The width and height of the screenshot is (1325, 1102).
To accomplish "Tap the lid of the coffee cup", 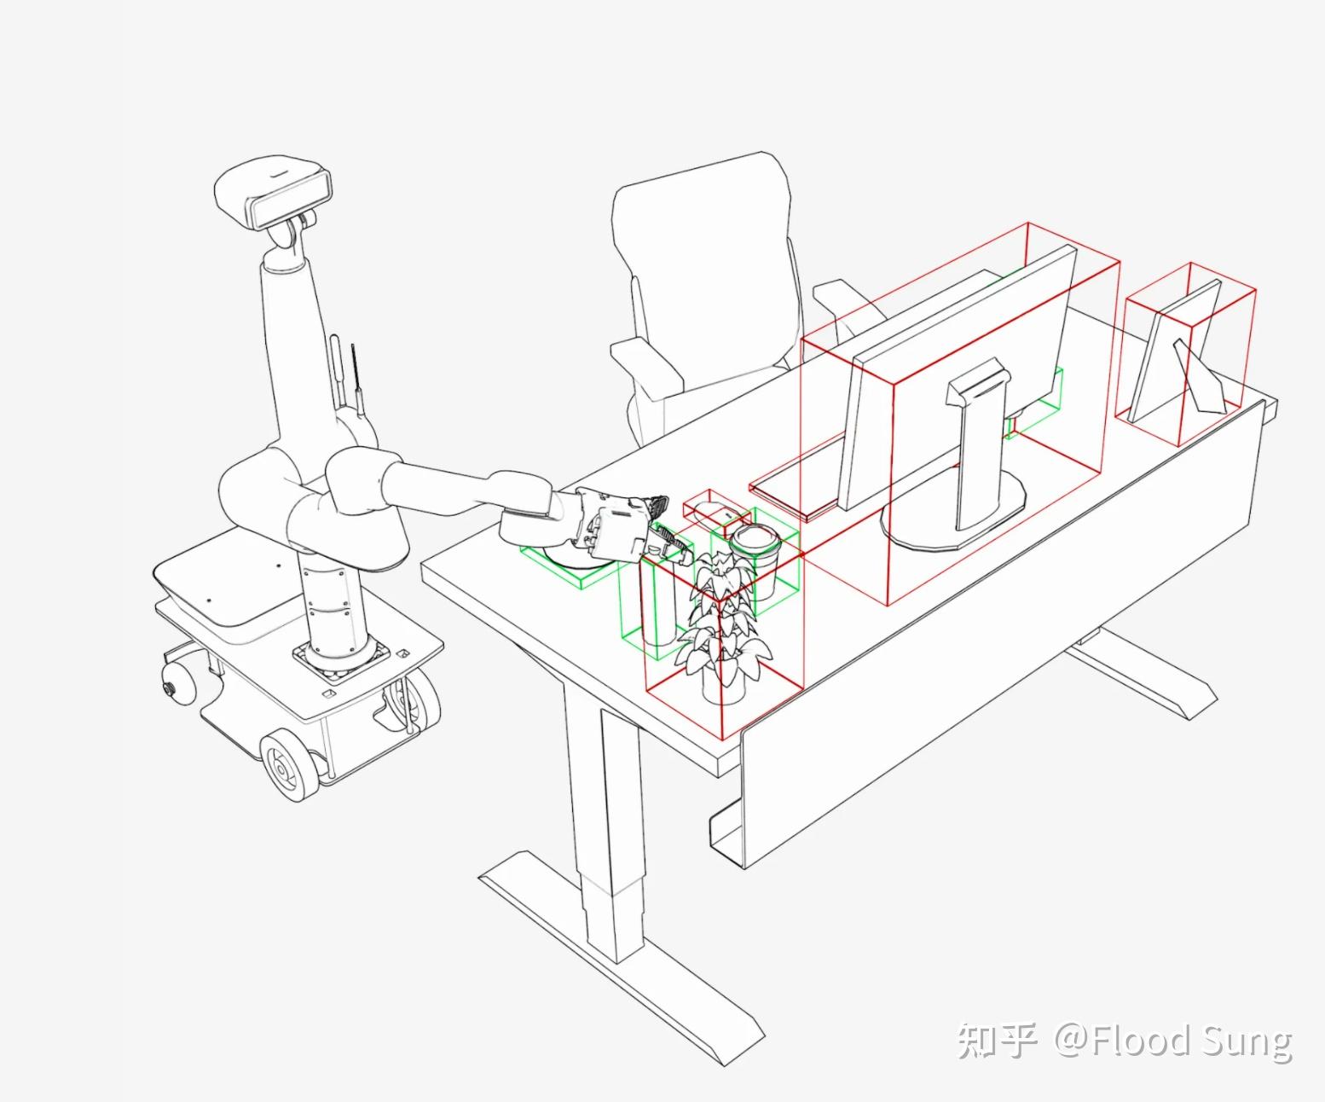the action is pyautogui.click(x=755, y=540).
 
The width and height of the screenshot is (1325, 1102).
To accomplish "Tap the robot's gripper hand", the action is pyautogui.click(x=628, y=527).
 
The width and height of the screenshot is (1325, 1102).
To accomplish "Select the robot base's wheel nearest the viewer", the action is pyautogui.click(x=289, y=766).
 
